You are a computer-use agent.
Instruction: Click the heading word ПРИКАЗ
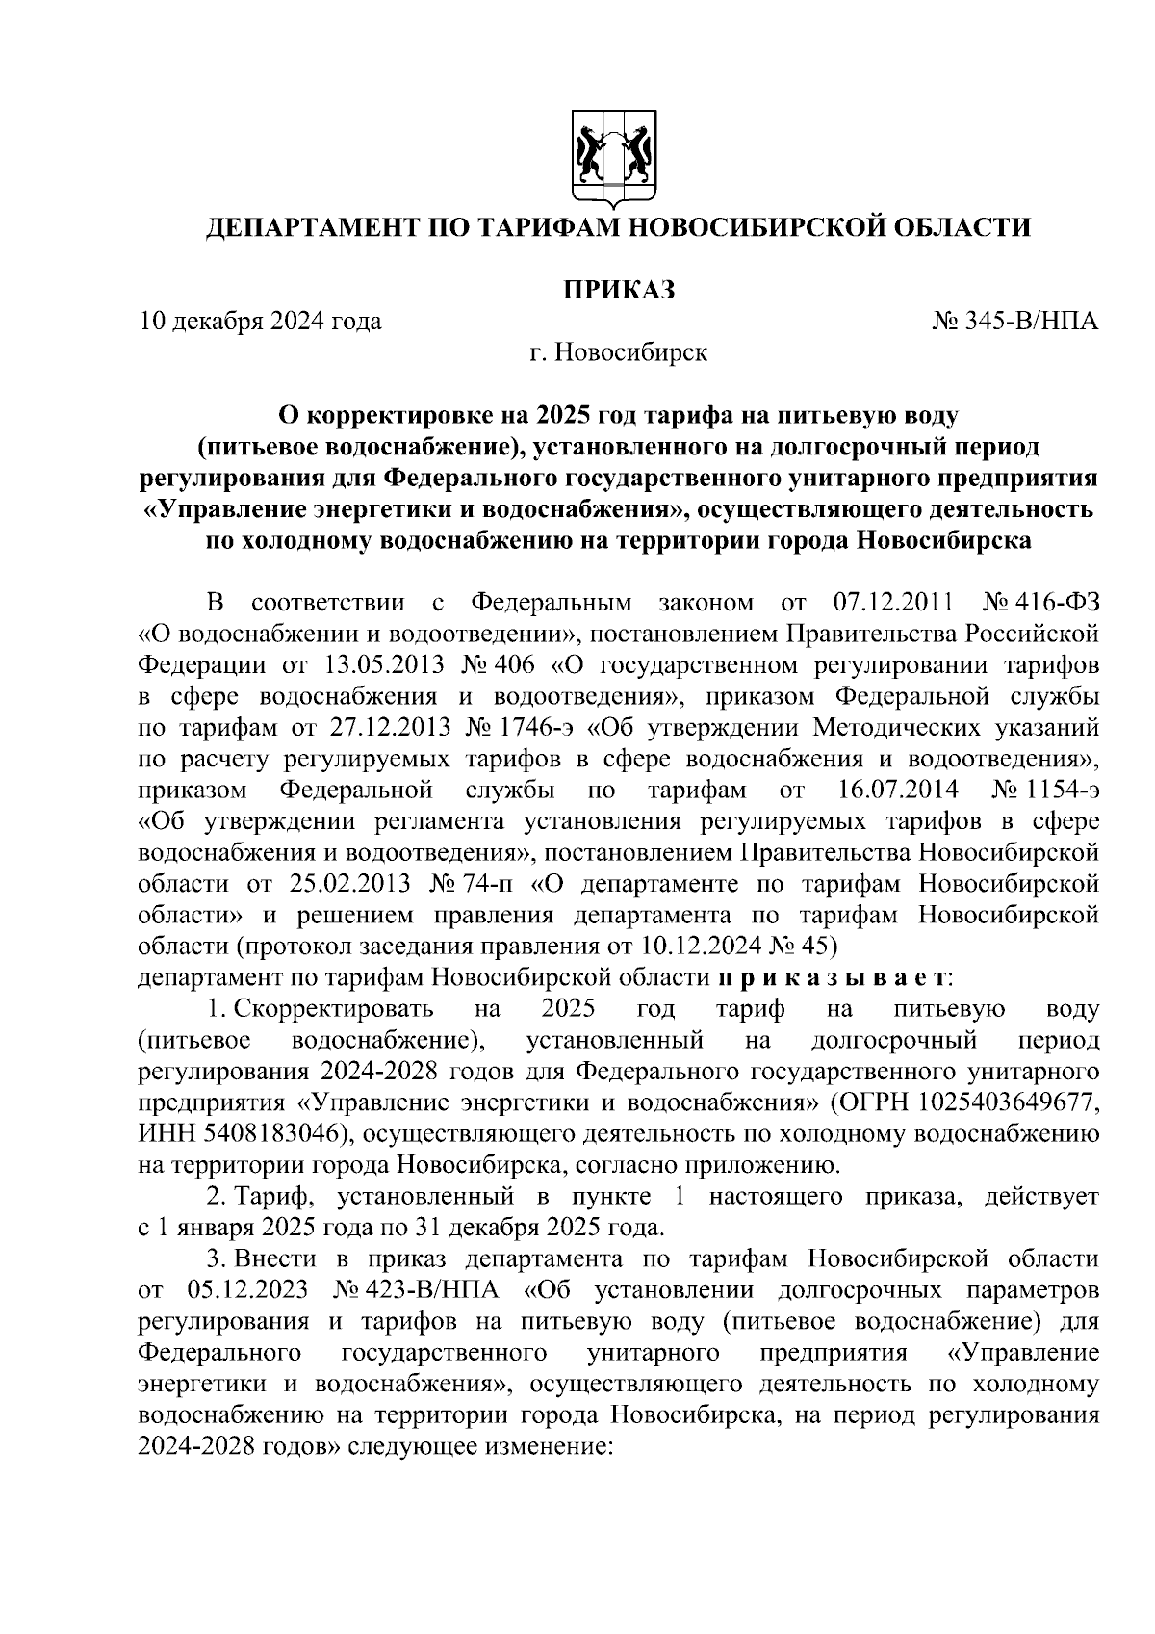(x=617, y=288)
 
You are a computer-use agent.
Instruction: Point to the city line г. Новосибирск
(x=617, y=353)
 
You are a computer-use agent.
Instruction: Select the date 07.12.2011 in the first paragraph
(x=890, y=604)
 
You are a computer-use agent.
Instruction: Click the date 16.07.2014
(x=892, y=791)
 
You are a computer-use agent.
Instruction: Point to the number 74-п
(x=488, y=884)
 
